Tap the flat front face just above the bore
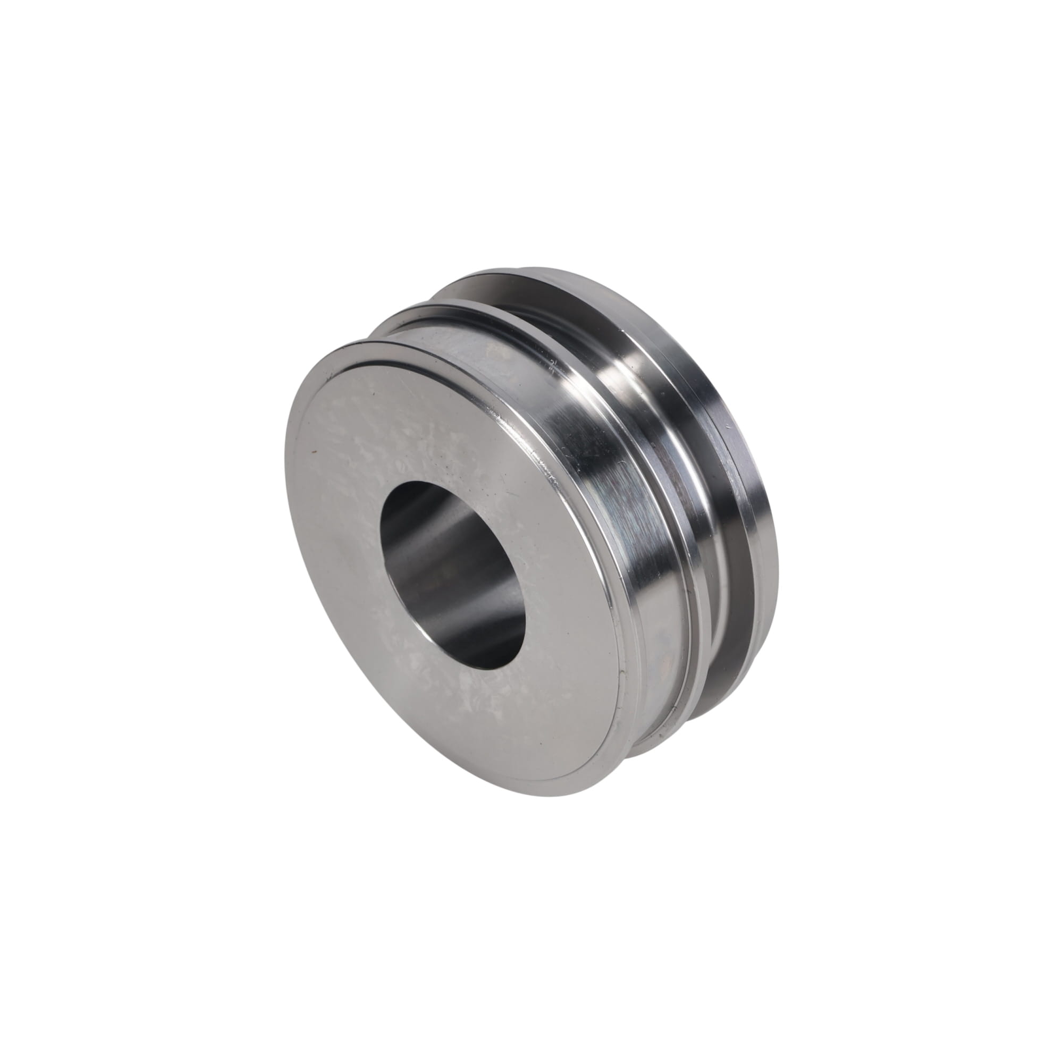tap(418, 418)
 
